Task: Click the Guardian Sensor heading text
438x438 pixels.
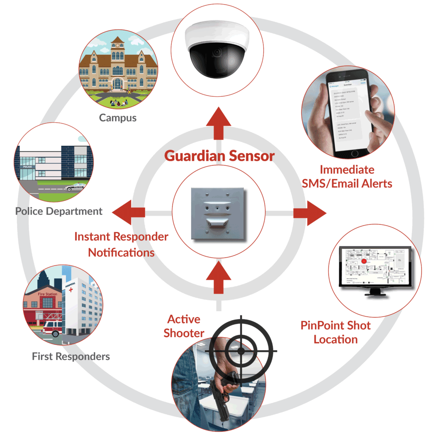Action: point(219,156)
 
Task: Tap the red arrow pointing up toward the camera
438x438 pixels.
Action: point(219,122)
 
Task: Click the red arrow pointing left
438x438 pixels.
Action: point(128,212)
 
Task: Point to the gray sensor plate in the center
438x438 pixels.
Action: point(217,213)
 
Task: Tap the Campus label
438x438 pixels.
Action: point(118,118)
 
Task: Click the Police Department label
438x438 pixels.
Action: point(59,211)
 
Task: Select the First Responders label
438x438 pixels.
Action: point(71,356)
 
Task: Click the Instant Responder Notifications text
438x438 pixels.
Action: point(121,244)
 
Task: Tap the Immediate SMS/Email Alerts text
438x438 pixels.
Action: point(347,176)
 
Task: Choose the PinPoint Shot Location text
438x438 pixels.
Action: point(335,332)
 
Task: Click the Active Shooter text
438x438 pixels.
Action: point(184,326)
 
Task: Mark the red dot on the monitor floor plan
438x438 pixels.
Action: point(364,262)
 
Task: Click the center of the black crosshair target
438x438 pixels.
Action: point(241,350)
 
